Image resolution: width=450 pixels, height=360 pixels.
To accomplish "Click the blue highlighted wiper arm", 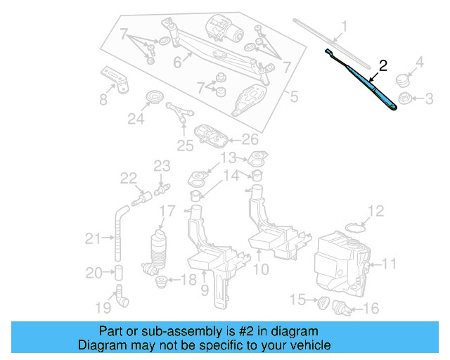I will point(373,88).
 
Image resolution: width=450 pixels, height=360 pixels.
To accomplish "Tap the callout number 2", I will point(383,65).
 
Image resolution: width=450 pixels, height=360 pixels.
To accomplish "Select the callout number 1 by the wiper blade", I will point(345,28).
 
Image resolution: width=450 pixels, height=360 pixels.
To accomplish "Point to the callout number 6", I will point(177,63).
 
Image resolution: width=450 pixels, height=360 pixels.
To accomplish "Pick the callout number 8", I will point(103,99).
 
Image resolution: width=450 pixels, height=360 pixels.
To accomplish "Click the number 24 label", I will point(135,120).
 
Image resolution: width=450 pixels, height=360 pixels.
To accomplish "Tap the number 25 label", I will point(184,146).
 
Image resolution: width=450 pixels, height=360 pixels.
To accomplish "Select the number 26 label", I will point(250,139).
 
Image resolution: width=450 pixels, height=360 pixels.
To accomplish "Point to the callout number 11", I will point(389,264).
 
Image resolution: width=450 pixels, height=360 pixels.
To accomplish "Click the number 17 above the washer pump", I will point(167,211).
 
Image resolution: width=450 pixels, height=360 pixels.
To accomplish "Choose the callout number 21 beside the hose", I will point(93,239).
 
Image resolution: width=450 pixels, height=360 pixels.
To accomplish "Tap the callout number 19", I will point(103,307).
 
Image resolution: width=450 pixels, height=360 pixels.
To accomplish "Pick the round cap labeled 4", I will point(403,79).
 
